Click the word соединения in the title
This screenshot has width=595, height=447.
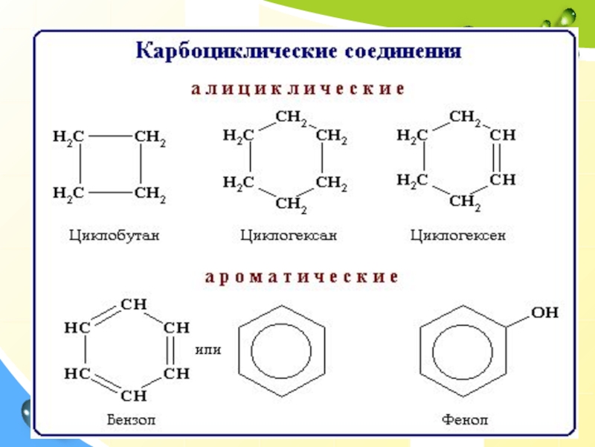[x=402, y=53]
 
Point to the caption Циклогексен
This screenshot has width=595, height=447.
[x=457, y=236]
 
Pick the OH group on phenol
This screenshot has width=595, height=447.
[x=544, y=314]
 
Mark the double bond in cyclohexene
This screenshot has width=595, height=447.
[x=499, y=158]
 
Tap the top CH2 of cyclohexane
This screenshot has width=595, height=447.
[x=292, y=117]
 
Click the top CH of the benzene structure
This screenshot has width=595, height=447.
[x=135, y=305]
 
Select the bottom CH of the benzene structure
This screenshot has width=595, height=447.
[x=135, y=395]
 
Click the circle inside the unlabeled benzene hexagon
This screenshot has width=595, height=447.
[x=282, y=350]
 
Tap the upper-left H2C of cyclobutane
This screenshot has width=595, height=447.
[x=68, y=137]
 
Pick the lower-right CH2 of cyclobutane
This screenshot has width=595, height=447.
[x=149, y=195]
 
